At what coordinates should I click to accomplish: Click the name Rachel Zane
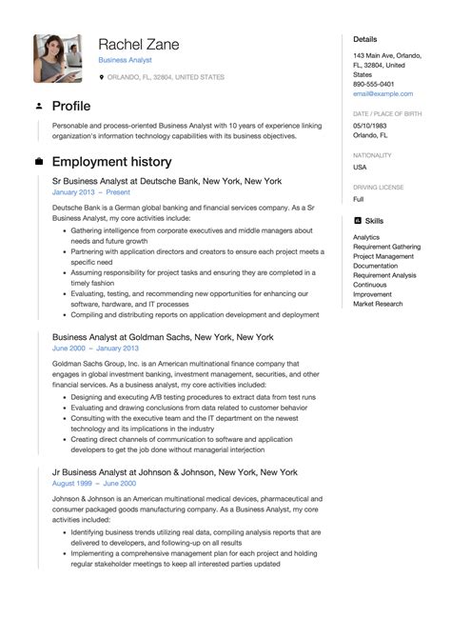click(x=138, y=44)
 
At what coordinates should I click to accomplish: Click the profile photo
click(x=59, y=57)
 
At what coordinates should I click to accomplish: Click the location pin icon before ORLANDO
click(x=102, y=77)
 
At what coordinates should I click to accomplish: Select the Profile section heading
click(x=71, y=105)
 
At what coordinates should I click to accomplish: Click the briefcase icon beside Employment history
click(x=38, y=161)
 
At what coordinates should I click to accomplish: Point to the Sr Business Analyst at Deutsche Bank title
click(x=167, y=180)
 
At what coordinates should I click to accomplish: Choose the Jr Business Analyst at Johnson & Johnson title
click(x=175, y=472)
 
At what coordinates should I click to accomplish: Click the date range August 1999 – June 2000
click(x=95, y=485)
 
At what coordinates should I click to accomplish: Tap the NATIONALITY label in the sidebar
click(x=373, y=154)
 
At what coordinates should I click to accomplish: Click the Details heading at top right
click(x=365, y=40)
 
